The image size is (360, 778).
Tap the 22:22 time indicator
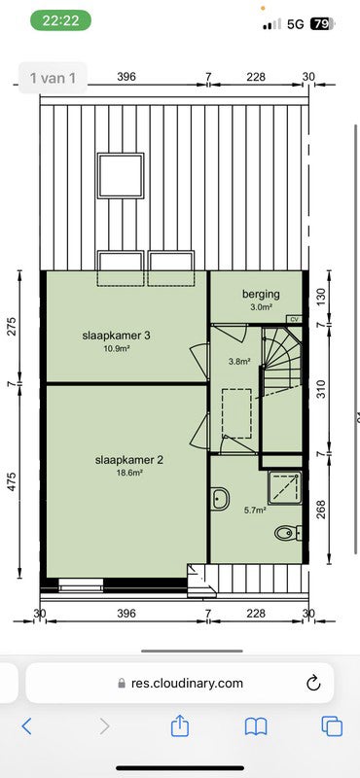pyautogui.click(x=60, y=20)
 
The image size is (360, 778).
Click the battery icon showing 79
pyautogui.click(x=322, y=23)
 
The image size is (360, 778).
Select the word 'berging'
pyautogui.click(x=261, y=293)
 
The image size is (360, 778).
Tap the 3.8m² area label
pyautogui.click(x=238, y=361)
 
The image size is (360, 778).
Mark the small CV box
pyautogui.click(x=295, y=318)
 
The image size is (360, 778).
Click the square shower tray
pyautogui.click(x=282, y=487)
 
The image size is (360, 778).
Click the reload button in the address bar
pyautogui.click(x=313, y=683)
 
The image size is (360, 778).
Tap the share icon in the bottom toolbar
pyautogui.click(x=179, y=725)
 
